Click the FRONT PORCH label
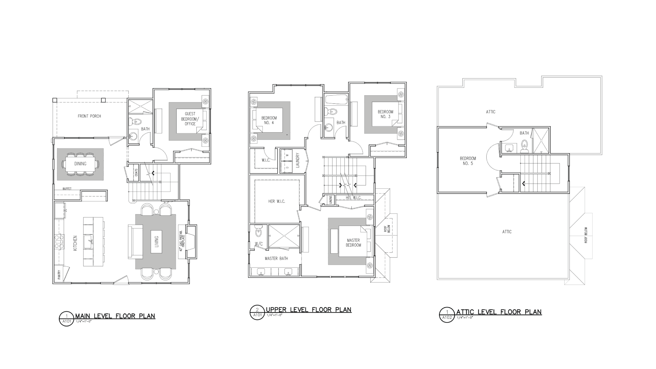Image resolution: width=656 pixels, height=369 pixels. (89, 116)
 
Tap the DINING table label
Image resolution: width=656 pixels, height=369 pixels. (80, 164)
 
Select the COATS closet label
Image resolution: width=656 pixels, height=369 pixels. (136, 172)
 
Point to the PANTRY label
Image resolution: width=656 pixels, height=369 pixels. (59, 275)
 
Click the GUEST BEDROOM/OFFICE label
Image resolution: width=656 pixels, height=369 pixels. (190, 119)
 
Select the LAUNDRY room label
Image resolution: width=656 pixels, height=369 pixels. (298, 160)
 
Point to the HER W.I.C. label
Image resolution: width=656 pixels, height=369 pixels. (277, 201)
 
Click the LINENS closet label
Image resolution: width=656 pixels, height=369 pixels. (331, 200)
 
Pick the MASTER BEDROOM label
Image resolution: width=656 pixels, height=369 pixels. (353, 243)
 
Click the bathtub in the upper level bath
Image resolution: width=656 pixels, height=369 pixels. (336, 99)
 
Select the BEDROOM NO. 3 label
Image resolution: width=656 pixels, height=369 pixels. (385, 114)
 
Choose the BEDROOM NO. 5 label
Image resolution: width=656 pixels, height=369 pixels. (468, 161)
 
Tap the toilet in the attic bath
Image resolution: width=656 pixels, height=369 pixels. (524, 146)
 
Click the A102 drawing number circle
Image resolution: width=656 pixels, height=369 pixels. (447, 315)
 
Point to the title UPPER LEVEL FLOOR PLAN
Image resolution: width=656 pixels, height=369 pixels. (309, 310)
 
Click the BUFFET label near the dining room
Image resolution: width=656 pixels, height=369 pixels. (67, 189)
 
